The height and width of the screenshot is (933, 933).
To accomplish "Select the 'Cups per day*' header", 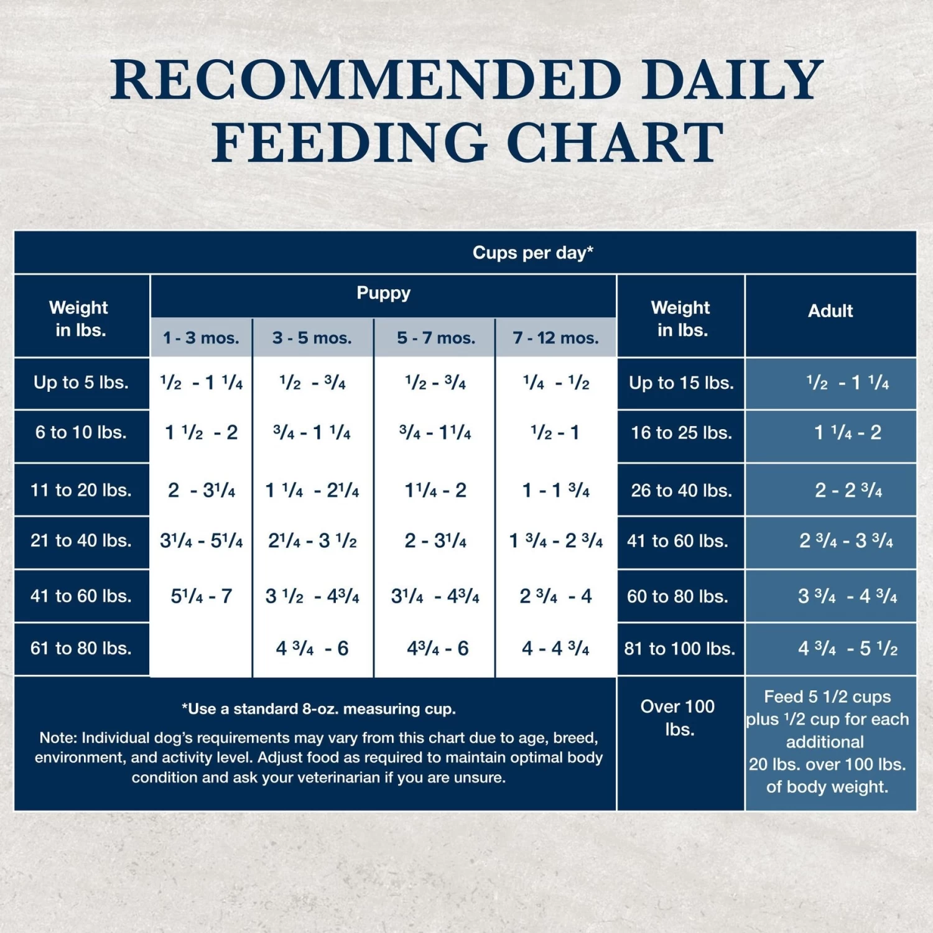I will coord(532,253).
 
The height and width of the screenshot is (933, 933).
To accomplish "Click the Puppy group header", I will coord(383,293).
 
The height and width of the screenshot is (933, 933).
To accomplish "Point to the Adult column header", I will coord(830,311).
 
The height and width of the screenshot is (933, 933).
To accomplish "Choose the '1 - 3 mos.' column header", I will coord(201,338).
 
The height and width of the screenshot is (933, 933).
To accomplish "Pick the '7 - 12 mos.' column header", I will coord(555,338).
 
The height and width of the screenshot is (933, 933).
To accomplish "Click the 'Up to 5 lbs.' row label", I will coord(81,383).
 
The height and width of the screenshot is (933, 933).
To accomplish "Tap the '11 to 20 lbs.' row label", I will coord(81,490).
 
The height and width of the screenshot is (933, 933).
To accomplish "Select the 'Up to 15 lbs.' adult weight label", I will coord(681,383).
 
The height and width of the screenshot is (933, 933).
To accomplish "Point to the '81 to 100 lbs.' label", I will coord(679,649).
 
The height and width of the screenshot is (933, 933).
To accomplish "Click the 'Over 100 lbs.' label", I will coord(678,718).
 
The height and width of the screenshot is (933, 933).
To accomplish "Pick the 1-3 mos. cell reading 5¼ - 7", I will coord(201,596).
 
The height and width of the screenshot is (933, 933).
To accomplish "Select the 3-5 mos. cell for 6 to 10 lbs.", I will coord(312,432).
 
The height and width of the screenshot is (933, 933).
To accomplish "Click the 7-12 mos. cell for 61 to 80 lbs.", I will coord(555,649).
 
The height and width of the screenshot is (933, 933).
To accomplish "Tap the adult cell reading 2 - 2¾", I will coord(848,490).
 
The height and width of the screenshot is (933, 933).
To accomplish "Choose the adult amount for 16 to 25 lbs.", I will coord(848,432).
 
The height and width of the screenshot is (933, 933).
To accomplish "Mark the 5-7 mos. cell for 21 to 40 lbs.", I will coord(435,541).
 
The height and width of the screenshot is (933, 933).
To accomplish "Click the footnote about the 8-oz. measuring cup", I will coord(318,709).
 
